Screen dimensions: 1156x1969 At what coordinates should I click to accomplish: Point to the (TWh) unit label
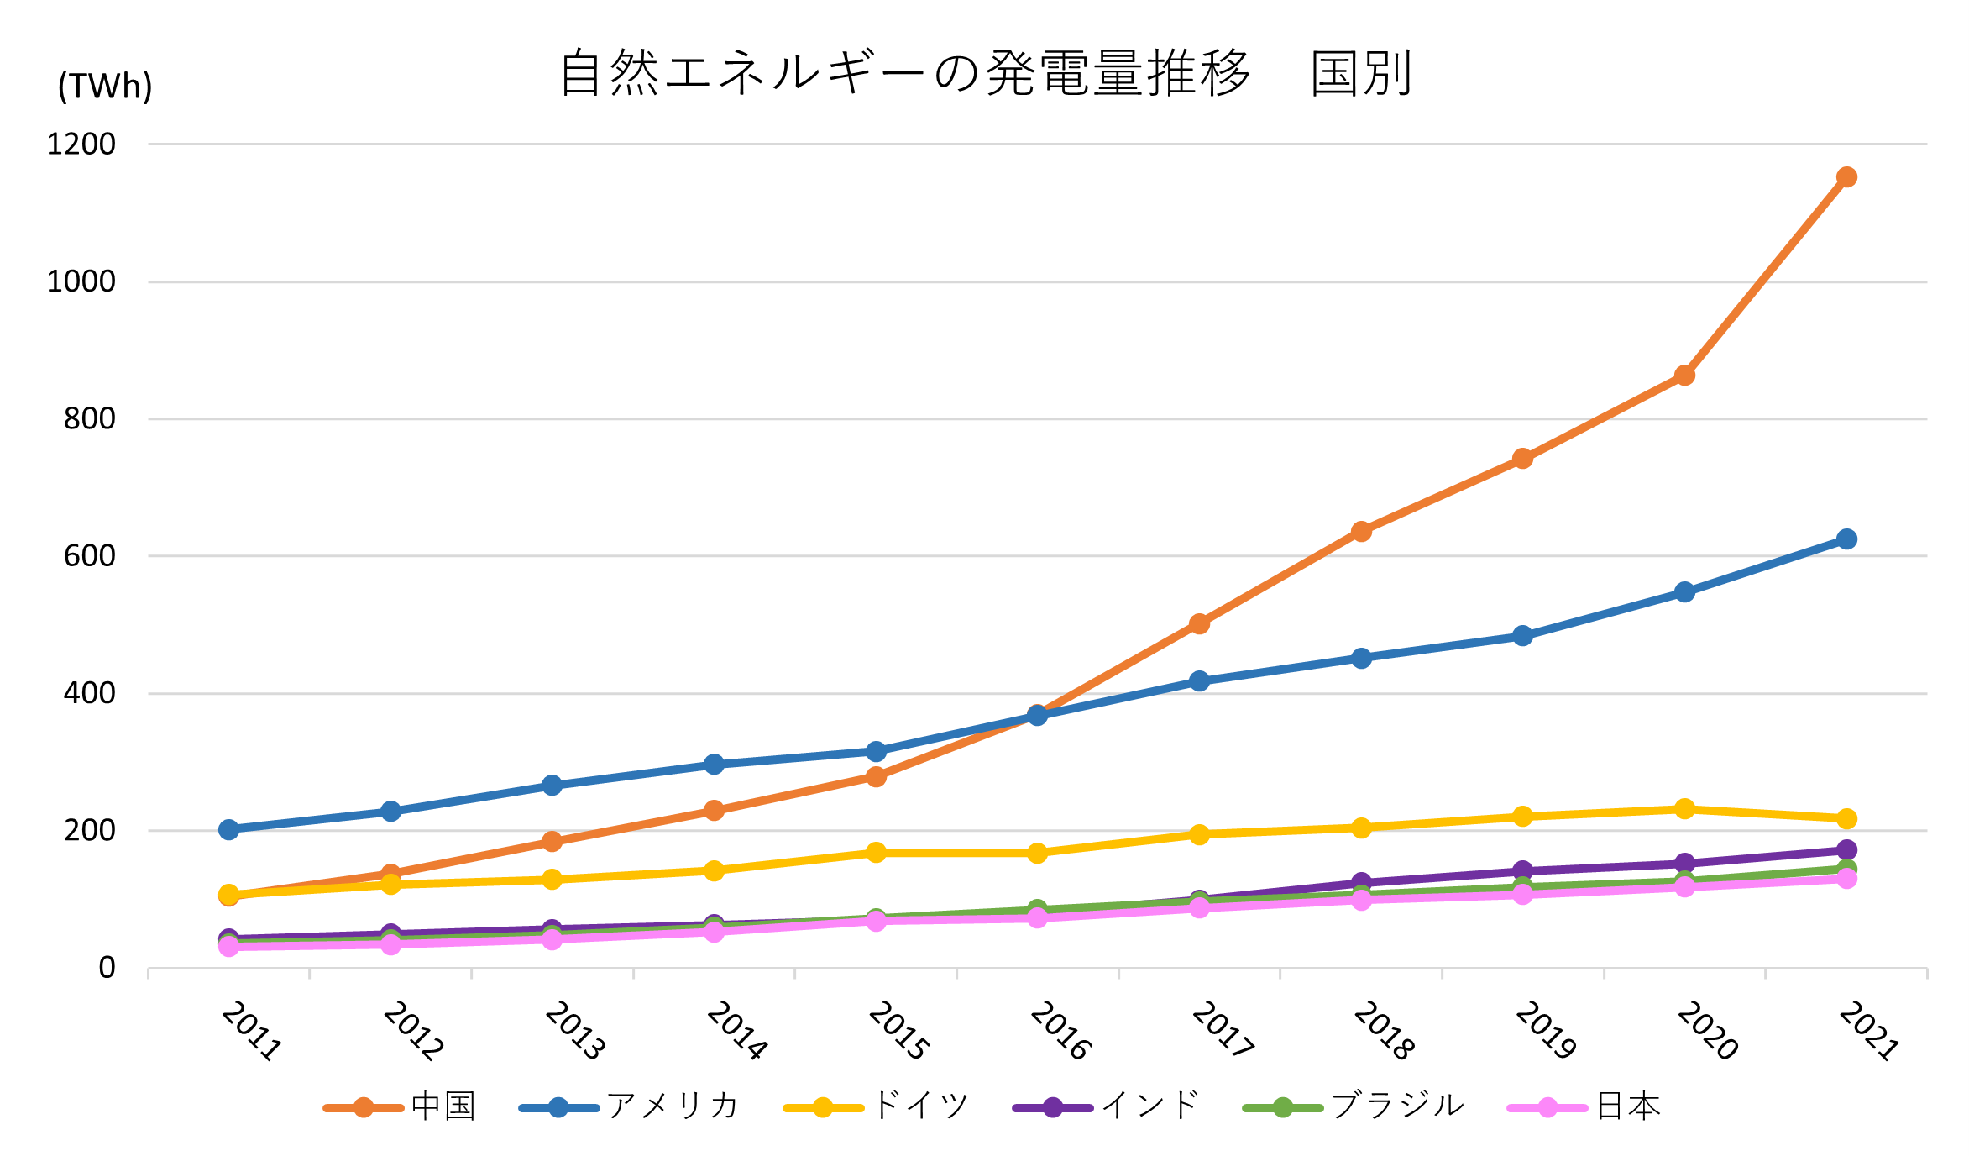pos(105,86)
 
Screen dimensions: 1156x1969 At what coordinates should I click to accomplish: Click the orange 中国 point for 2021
pos(1846,177)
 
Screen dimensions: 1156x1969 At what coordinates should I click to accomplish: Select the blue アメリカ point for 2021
pos(1846,539)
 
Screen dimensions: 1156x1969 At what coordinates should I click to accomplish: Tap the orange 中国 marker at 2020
pos(1684,376)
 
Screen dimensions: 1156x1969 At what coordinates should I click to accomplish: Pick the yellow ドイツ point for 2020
pos(1684,809)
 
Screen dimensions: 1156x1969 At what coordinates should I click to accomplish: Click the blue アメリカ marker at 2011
pos(228,830)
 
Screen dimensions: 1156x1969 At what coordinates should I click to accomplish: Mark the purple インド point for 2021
pos(1846,850)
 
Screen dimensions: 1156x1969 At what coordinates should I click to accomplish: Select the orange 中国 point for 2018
pos(1361,532)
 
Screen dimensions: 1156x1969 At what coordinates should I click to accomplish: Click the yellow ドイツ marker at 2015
pos(876,853)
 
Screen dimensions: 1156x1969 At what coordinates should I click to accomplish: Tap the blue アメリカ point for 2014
pos(714,765)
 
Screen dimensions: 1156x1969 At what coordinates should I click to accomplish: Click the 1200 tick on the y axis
pos(81,144)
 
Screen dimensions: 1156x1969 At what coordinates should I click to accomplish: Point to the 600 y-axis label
pos(90,556)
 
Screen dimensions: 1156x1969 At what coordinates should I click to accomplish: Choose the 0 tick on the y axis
pos(107,968)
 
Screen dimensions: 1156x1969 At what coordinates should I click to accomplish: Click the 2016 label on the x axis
pos(1060,1030)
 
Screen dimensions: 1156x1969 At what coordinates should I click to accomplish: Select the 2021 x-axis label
pos(1868,1030)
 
